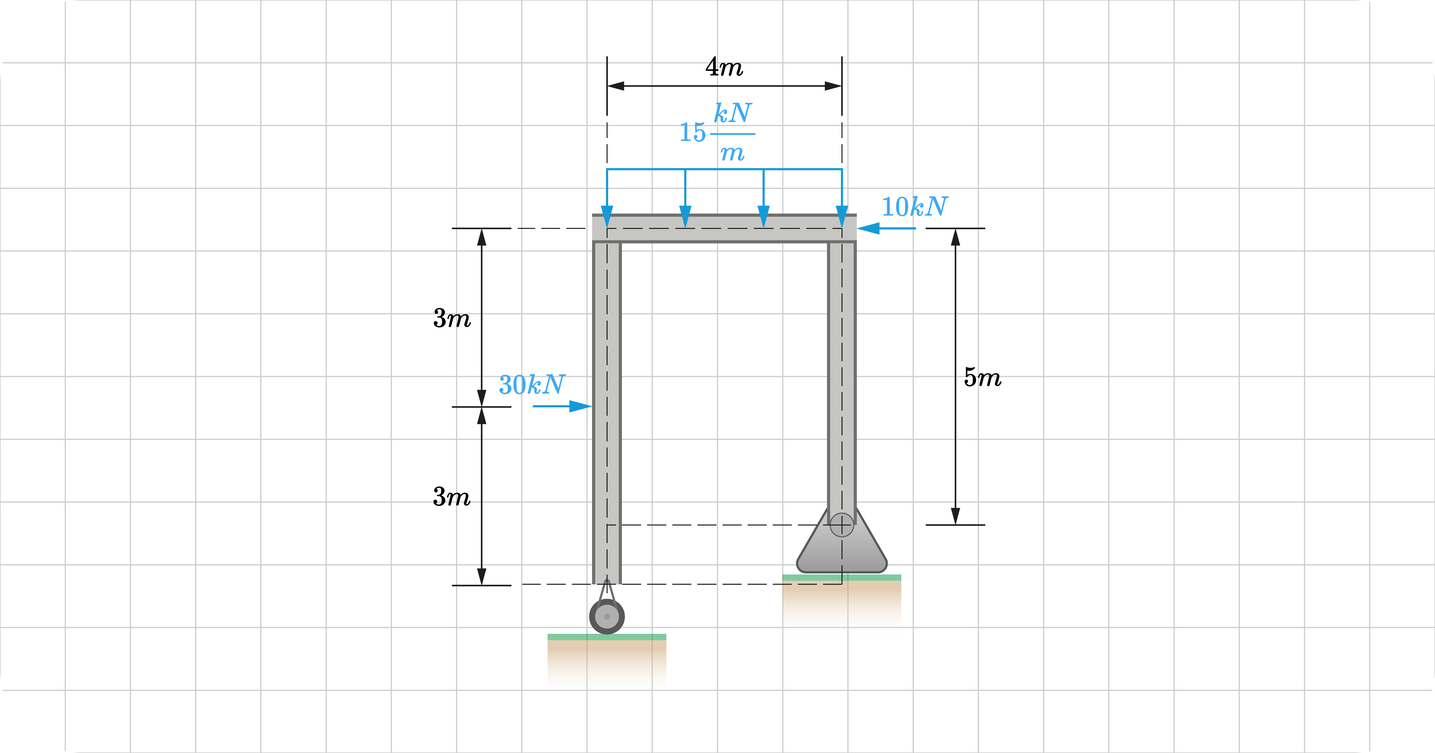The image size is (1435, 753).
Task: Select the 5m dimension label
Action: (x=982, y=378)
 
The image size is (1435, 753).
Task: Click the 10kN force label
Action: (x=914, y=207)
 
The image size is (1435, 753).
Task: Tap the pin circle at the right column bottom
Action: (x=841, y=525)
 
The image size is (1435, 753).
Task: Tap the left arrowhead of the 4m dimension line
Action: (x=616, y=86)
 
